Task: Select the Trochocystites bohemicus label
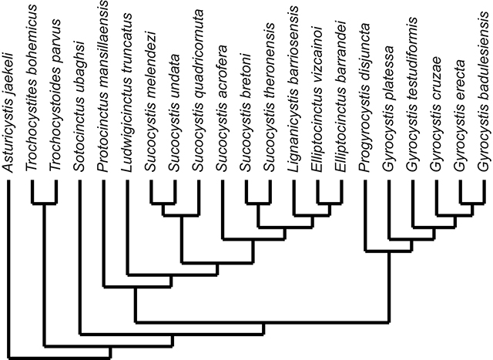[x=32, y=88]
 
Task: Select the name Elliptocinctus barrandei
[x=340, y=96]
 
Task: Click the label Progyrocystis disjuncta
[x=364, y=97]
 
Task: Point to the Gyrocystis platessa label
[x=388, y=109]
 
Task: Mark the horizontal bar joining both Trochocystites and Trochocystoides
[x=44, y=204]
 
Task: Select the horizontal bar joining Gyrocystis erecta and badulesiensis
[x=471, y=204]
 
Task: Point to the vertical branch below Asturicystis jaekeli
[x=8, y=269]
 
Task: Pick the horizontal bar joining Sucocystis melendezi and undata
[x=163, y=204]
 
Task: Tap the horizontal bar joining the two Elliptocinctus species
[x=329, y=204]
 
